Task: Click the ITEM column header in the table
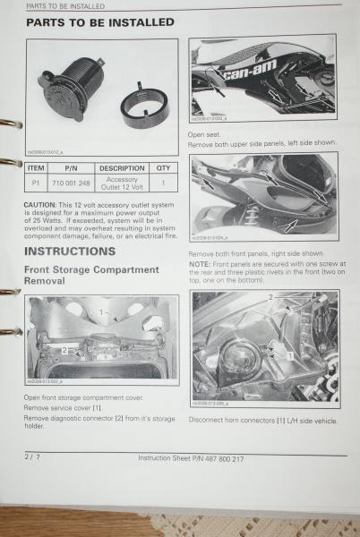coord(36,167)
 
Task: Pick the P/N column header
coord(73,167)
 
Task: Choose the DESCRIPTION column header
coord(121,167)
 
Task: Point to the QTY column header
coord(163,167)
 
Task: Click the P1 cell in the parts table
coord(36,183)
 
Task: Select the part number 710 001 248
coord(73,183)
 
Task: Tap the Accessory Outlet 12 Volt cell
coord(121,183)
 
